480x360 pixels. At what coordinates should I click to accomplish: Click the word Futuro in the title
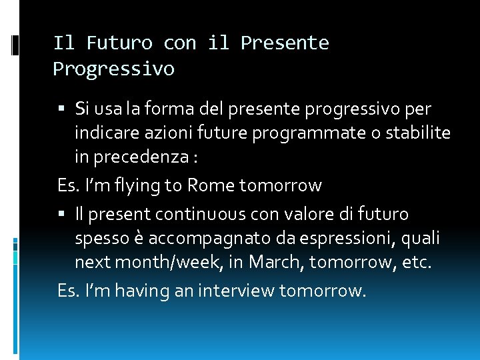coord(119,43)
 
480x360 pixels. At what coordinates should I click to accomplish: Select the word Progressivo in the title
coord(113,69)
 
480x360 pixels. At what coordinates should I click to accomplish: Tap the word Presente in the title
coord(285,43)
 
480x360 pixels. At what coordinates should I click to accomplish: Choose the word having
coord(134,291)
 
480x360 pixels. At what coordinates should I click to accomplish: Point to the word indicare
coord(107,133)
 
